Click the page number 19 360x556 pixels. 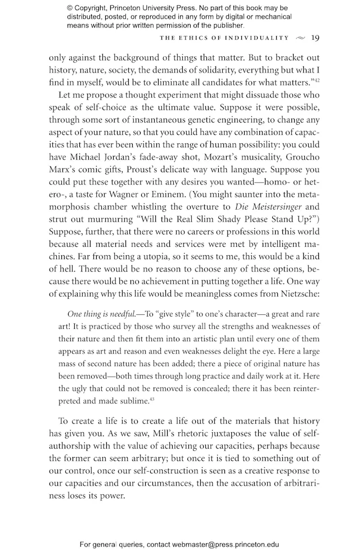coord(315,38)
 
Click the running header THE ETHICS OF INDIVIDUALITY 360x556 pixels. coord(224,39)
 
